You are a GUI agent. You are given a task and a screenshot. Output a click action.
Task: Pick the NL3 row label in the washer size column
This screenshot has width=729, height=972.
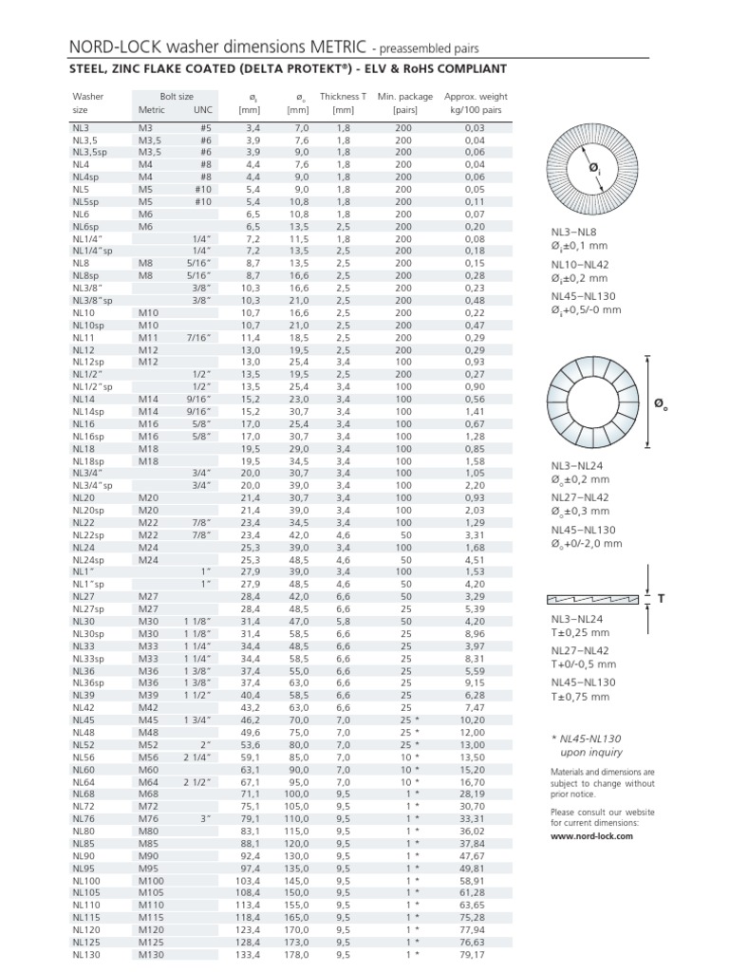(x=81, y=126)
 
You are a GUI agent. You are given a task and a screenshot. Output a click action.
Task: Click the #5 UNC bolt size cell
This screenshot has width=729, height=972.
(x=205, y=126)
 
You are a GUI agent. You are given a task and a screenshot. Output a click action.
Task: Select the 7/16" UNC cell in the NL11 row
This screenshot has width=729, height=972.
(x=198, y=337)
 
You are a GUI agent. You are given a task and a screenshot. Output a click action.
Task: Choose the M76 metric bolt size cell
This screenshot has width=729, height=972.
(x=149, y=818)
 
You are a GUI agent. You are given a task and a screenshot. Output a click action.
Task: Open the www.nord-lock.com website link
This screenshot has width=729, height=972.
(x=590, y=836)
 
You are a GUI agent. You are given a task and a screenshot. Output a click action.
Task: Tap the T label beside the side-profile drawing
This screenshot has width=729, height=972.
(x=654, y=600)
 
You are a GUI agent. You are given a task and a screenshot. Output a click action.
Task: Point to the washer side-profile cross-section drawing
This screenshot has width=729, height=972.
(x=594, y=600)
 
